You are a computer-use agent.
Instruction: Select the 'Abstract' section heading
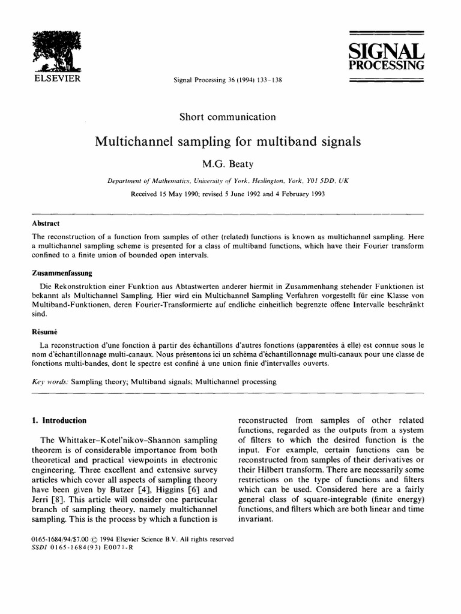[46, 224]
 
